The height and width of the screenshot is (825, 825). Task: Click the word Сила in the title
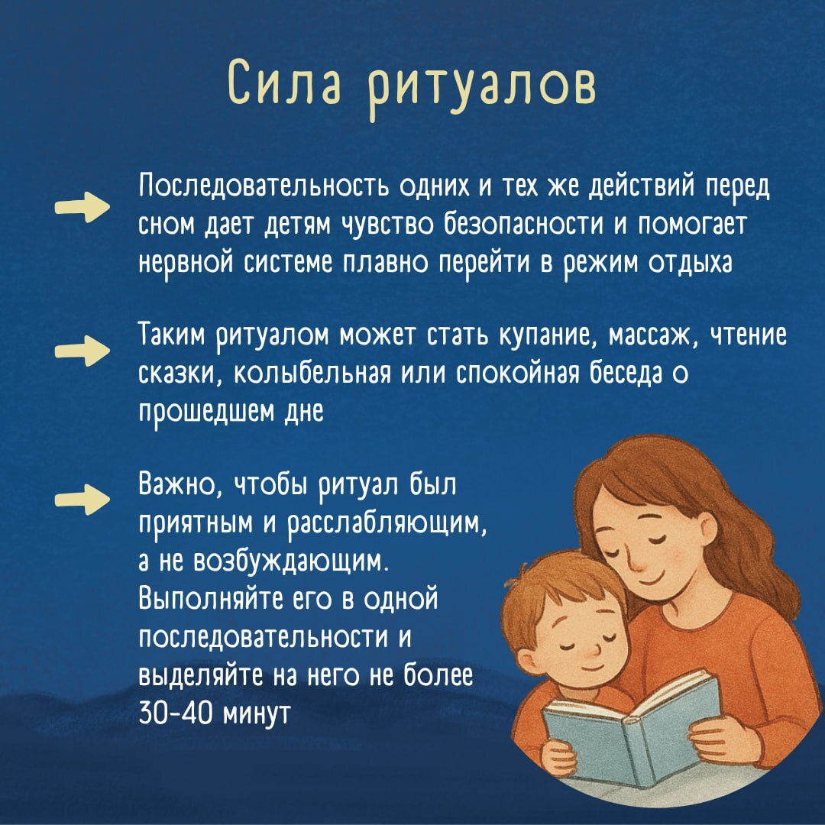tap(284, 84)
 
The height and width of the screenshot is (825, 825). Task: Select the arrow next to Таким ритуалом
tap(82, 351)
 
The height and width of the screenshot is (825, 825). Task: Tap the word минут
tap(257, 714)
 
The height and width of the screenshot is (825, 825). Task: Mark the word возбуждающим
tap(292, 562)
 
